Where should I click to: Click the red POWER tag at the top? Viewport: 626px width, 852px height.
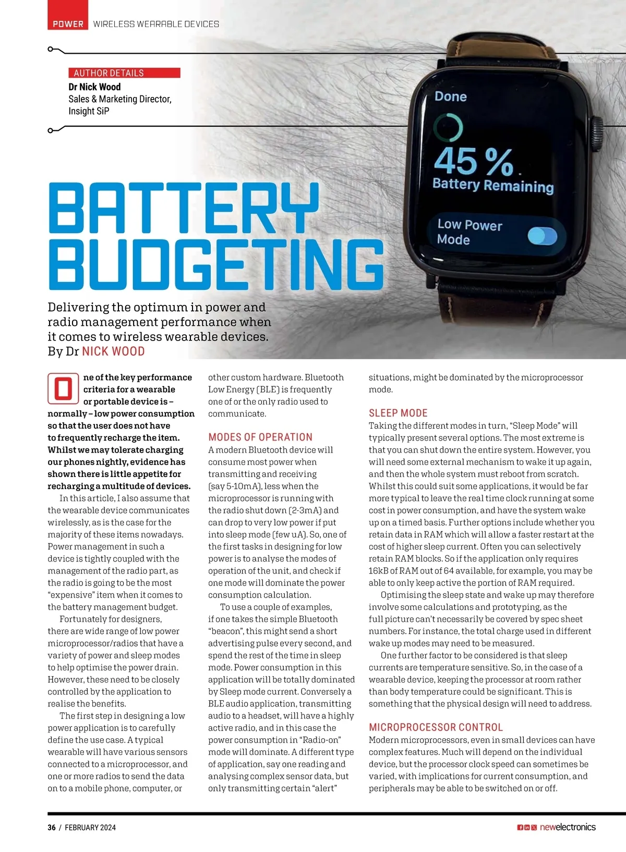coord(68,24)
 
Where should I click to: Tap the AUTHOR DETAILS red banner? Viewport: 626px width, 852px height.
coord(124,73)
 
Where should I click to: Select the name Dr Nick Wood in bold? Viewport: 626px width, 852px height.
coord(94,87)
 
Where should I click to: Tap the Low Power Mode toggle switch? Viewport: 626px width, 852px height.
coord(542,236)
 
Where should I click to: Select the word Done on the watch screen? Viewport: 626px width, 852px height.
coord(451,96)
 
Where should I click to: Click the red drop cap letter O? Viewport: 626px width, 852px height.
coord(63,388)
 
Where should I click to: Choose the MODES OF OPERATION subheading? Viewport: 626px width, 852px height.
coord(260,437)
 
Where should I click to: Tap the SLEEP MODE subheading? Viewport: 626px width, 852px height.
coord(398,413)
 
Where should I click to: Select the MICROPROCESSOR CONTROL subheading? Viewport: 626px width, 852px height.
coord(436,727)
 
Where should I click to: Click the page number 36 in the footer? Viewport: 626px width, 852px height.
coord(52,827)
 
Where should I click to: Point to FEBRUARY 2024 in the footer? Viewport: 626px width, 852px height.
coord(90,827)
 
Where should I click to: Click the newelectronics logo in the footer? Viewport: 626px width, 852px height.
coord(567,827)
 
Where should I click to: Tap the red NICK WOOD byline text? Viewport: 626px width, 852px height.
coord(113,351)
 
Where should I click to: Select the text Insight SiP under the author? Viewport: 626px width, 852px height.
coord(89,111)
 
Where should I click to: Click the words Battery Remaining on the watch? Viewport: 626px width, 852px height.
coord(492,185)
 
